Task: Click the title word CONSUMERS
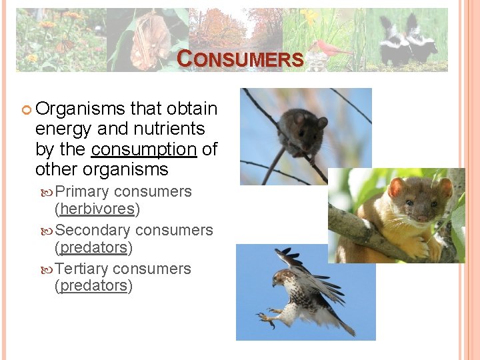point(241,59)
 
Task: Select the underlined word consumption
point(145,149)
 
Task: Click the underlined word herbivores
point(97,209)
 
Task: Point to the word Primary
point(83,192)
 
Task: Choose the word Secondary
point(93,231)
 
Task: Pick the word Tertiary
point(82,269)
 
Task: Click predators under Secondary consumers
point(93,247)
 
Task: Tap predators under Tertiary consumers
point(93,286)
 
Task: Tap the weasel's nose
point(421,218)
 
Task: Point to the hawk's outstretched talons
point(268,317)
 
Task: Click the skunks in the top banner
point(407,40)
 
